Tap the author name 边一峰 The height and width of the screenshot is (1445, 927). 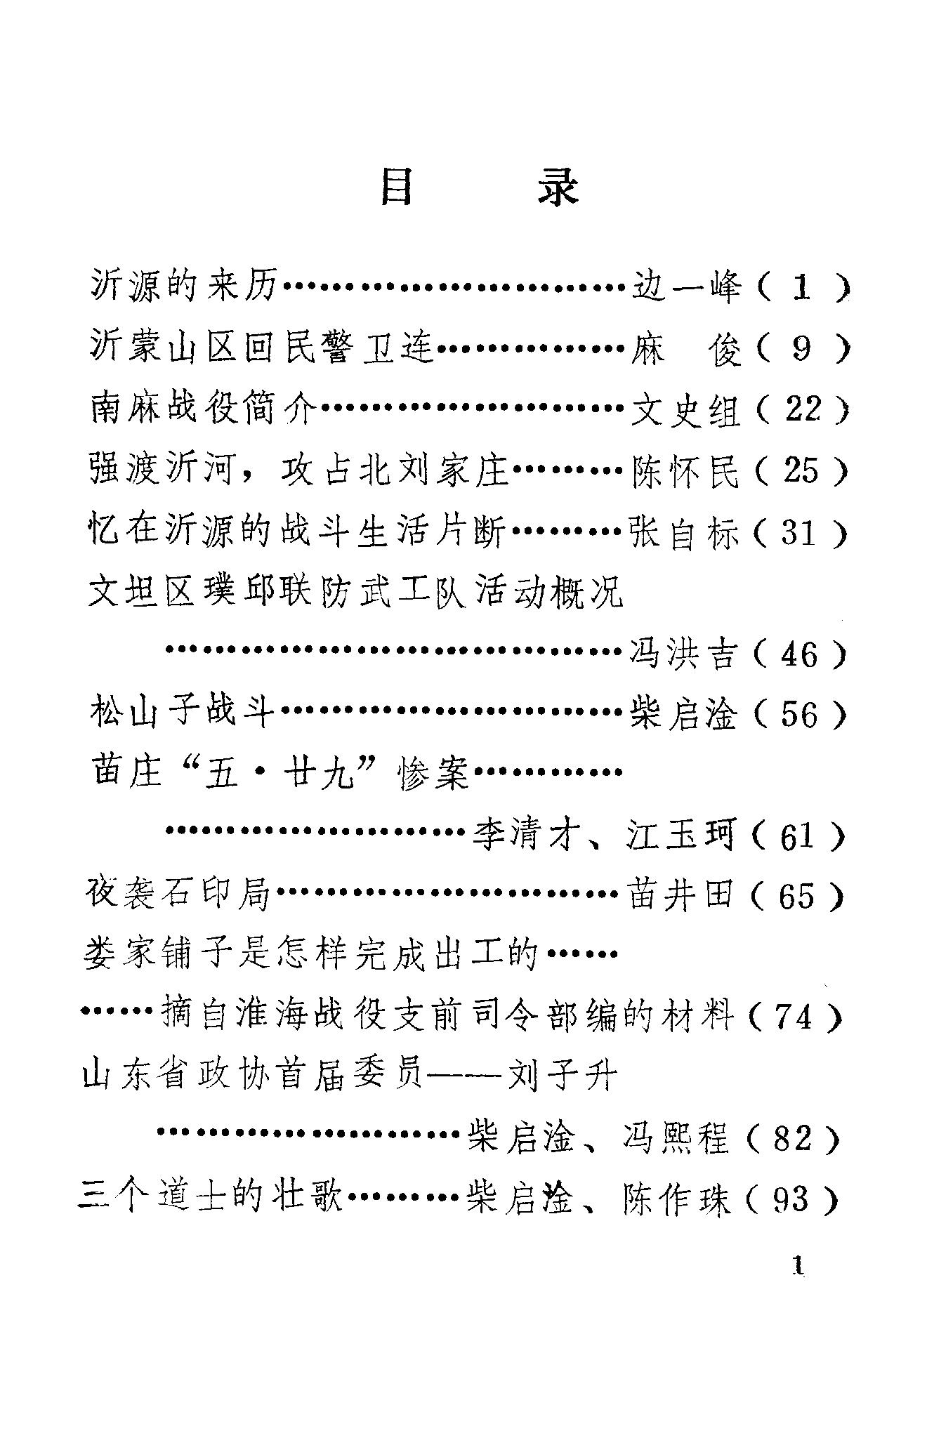coord(686,287)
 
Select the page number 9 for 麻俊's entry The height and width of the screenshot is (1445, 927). coord(801,348)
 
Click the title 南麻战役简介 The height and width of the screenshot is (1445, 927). coord(204,409)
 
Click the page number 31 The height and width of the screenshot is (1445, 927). coord(798,534)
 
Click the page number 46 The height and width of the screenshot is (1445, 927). coord(798,655)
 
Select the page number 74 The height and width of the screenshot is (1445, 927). coord(796,1017)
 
